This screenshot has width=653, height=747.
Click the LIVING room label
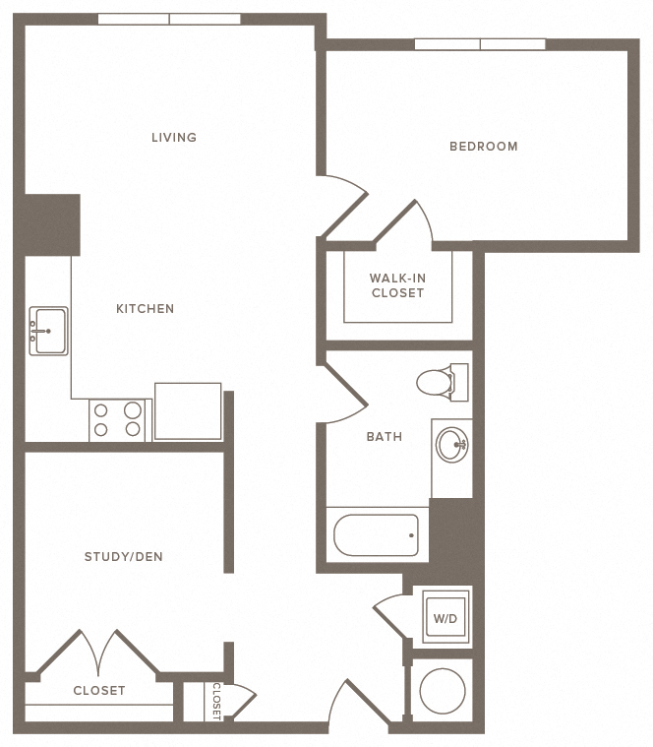(174, 137)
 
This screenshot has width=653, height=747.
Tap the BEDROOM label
(484, 147)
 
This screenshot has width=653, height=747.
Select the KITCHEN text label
(146, 309)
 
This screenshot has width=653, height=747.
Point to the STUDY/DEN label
(123, 556)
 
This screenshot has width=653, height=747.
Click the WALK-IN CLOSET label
(397, 285)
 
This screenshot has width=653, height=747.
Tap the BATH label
(385, 436)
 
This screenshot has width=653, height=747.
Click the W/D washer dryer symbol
(445, 617)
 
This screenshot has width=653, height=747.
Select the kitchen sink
(48, 331)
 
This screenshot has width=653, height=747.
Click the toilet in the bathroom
(443, 382)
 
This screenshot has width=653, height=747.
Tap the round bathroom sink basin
(452, 445)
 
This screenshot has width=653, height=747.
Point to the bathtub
(376, 535)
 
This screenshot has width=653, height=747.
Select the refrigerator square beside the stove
(188, 411)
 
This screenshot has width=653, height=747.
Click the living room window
(169, 19)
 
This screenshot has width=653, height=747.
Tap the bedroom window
(480, 44)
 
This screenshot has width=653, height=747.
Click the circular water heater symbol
(443, 691)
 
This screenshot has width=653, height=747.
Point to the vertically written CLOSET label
(216, 701)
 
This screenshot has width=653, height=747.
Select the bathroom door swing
(343, 394)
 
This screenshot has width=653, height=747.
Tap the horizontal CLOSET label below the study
(99, 690)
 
